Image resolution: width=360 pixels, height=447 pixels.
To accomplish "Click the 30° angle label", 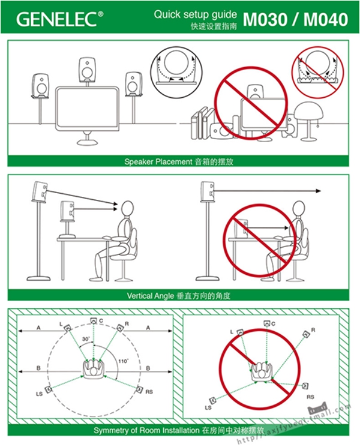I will [x=86, y=340].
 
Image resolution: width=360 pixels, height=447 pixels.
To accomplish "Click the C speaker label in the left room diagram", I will [x=101, y=322].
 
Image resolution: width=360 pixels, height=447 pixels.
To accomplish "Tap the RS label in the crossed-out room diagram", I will [x=310, y=397].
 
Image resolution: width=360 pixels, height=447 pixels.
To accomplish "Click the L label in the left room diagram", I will [x=61, y=324].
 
